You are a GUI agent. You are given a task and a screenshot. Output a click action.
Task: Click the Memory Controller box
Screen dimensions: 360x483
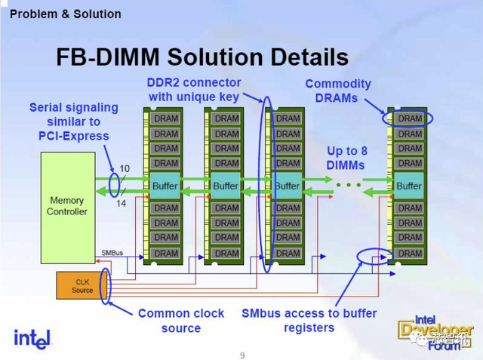click(x=67, y=207)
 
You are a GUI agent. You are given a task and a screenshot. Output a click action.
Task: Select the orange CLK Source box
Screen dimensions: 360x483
click(x=82, y=286)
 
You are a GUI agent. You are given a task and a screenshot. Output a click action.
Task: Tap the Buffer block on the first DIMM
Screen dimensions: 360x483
click(x=165, y=186)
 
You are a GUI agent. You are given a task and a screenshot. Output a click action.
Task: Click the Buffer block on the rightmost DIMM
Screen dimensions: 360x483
click(x=409, y=186)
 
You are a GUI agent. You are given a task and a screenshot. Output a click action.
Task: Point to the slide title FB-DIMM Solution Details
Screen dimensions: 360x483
click(x=202, y=57)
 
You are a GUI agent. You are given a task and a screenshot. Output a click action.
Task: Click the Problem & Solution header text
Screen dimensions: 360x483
click(x=66, y=14)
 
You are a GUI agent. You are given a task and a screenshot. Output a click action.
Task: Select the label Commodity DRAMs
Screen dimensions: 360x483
click(x=338, y=91)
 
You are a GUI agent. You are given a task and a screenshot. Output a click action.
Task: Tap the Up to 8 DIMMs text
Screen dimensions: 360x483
click(x=346, y=158)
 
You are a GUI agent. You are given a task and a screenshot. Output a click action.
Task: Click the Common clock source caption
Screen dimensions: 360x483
click(x=180, y=320)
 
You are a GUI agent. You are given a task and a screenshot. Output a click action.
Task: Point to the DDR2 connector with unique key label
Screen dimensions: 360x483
click(x=195, y=89)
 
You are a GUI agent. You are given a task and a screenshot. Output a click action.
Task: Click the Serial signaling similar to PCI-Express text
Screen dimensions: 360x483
click(x=69, y=122)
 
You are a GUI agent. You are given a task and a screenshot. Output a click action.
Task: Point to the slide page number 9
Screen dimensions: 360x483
click(x=242, y=354)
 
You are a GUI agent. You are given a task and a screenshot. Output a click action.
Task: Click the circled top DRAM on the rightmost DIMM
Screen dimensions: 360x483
click(x=410, y=118)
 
